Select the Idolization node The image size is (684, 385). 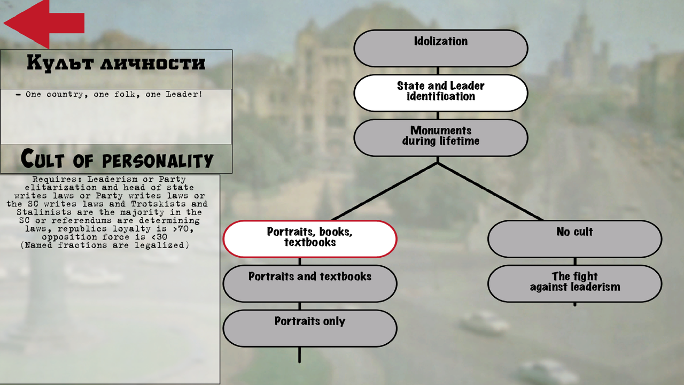tap(441, 48)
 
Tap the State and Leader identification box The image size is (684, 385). tap(441, 93)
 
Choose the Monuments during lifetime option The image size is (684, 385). tap(441, 137)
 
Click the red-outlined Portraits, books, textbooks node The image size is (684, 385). tap(309, 238)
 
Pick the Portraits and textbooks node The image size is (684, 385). tap(309, 283)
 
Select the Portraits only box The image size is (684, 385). tap(309, 328)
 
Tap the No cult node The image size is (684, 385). tap(574, 238)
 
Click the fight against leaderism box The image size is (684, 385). tap(574, 283)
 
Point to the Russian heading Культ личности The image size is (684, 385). tap(116, 63)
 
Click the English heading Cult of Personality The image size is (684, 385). tap(116, 159)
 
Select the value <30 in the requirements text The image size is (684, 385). tap(159, 237)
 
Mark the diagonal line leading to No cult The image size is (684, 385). tap(490, 191)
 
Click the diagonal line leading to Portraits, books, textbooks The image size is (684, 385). tap(385, 191)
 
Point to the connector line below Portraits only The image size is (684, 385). tap(300, 355)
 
